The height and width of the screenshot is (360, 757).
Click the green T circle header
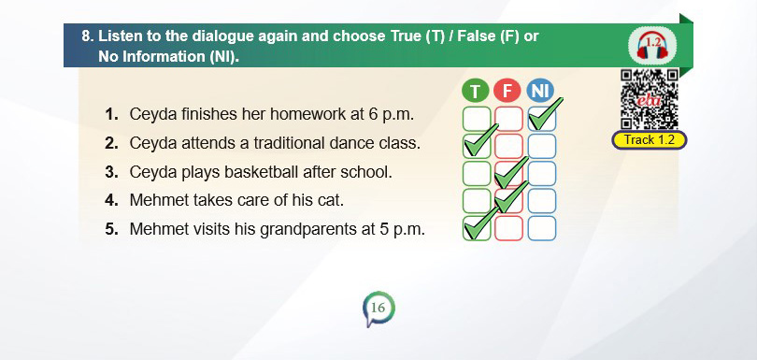(x=476, y=91)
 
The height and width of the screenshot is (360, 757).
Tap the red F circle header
(x=507, y=91)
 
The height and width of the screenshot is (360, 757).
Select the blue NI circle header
(x=541, y=91)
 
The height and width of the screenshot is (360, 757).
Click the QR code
(x=650, y=99)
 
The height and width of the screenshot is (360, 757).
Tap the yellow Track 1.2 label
(x=650, y=140)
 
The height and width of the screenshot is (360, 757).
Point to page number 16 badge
(x=378, y=309)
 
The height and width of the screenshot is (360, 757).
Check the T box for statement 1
(x=477, y=119)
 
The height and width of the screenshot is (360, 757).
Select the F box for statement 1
(x=508, y=119)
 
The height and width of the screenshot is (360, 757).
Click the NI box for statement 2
(x=542, y=146)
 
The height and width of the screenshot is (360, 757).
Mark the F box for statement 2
(x=508, y=146)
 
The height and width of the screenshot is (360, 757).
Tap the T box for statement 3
(x=477, y=174)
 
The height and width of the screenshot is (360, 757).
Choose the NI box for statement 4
(x=542, y=201)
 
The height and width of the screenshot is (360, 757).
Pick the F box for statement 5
(x=508, y=228)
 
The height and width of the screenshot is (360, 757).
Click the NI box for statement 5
(x=542, y=228)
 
